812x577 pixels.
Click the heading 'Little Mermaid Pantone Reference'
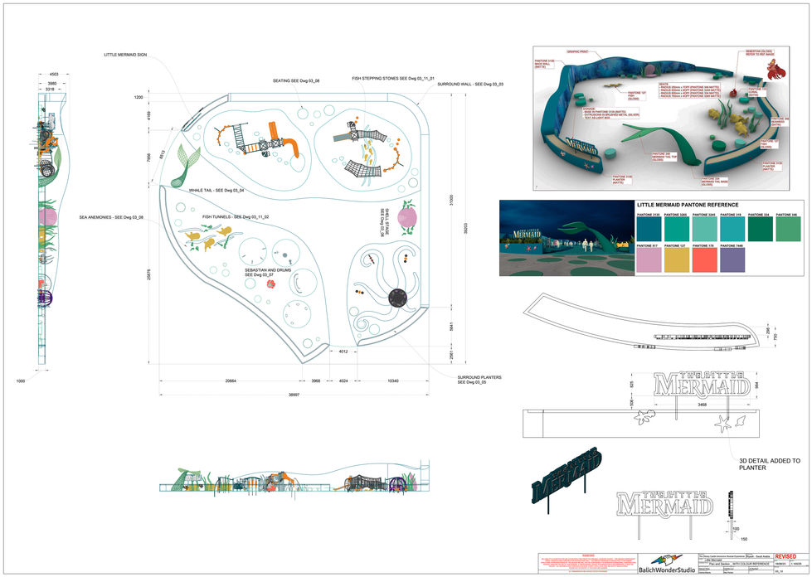(688, 204)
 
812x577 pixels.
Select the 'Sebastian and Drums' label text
(267, 272)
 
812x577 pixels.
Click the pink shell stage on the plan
(408, 219)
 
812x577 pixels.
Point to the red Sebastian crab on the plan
(270, 284)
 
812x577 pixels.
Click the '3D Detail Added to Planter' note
(769, 463)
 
